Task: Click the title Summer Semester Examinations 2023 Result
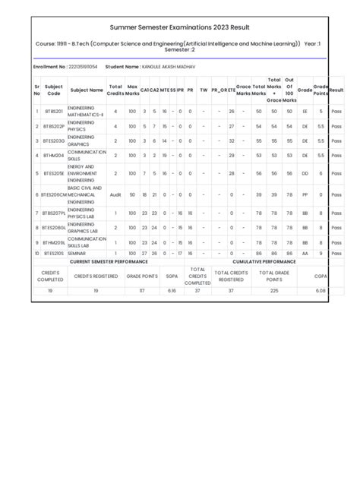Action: pyautogui.click(x=180, y=27)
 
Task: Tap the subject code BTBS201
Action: pyautogui.click(x=53, y=112)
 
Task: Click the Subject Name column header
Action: pyautogui.click(x=86, y=90)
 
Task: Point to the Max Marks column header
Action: pyautogui.click(x=132, y=90)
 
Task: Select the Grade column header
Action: pyautogui.click(x=305, y=90)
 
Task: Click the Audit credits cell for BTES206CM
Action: pyautogui.click(x=115, y=194)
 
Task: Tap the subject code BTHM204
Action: pyautogui.click(x=53, y=155)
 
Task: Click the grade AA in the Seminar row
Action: pyautogui.click(x=305, y=253)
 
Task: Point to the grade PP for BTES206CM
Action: pyautogui.click(x=305, y=194)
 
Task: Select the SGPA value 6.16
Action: pyautogui.click(x=171, y=291)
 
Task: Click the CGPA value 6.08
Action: pyautogui.click(x=321, y=291)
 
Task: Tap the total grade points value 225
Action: pyautogui.click(x=274, y=291)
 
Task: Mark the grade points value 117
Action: pyautogui.click(x=141, y=291)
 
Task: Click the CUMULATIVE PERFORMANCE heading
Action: pyautogui.click(x=267, y=261)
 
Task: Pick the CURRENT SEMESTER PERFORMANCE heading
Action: pyautogui.click(x=109, y=261)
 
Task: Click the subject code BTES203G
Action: pyautogui.click(x=53, y=141)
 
